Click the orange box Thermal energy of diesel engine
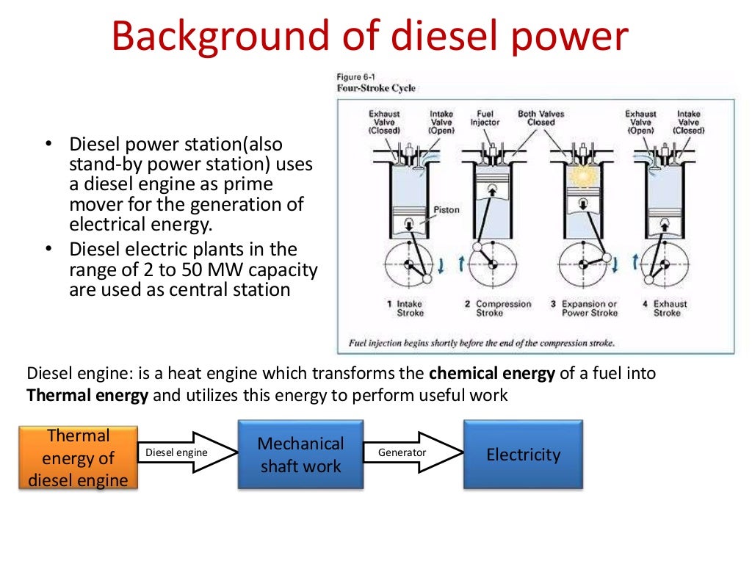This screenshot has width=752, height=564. [x=77, y=458]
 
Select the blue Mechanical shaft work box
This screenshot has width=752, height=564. [x=300, y=454]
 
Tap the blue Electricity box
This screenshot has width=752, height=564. [x=523, y=454]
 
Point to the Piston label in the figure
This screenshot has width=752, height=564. [x=446, y=210]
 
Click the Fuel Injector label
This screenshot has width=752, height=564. [x=485, y=118]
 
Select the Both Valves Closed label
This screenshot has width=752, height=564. [x=541, y=118]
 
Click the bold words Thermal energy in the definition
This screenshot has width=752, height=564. [x=87, y=395]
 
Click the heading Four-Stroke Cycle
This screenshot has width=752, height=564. [x=376, y=88]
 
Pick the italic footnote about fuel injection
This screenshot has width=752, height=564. [x=481, y=342]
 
